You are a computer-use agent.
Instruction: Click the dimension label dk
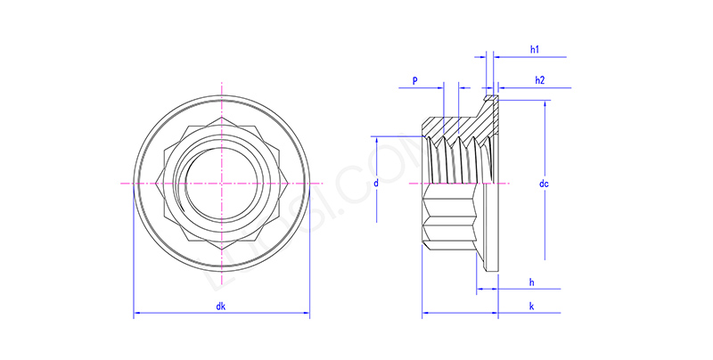tap(220, 307)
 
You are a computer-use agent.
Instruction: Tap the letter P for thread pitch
tap(414, 81)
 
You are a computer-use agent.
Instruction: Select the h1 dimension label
tap(535, 50)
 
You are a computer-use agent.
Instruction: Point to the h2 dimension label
tap(540, 81)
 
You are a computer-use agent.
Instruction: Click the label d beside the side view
tap(377, 183)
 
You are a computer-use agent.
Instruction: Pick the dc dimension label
tap(544, 184)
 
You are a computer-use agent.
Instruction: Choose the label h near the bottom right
tap(532, 282)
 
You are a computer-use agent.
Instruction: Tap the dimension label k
tap(532, 307)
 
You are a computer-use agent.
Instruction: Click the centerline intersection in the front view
tap(221, 183)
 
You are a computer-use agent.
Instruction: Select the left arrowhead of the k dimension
tap(425, 315)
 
